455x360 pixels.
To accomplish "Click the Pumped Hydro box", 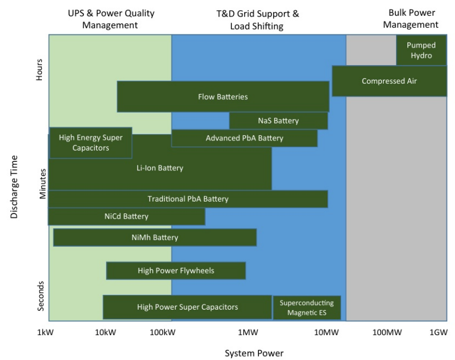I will [420, 50].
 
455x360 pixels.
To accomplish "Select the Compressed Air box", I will [389, 81].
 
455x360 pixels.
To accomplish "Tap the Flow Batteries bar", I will [223, 96].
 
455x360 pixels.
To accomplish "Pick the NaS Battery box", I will [278, 121].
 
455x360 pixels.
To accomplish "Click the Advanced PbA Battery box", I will [244, 138].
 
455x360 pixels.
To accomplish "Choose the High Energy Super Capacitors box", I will [91, 143].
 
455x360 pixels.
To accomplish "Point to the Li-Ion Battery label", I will [160, 168].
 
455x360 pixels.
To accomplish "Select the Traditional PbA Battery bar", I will [188, 199].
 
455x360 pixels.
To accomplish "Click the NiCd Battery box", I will [126, 216].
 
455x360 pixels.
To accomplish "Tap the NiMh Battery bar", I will [155, 238].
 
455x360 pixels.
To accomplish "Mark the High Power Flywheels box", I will [176, 271].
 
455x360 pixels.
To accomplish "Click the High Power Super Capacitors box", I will [187, 307].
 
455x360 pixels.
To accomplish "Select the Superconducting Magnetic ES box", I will [307, 307].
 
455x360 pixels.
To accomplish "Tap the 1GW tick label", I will [438, 332].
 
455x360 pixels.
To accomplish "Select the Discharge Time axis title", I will [14, 187].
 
